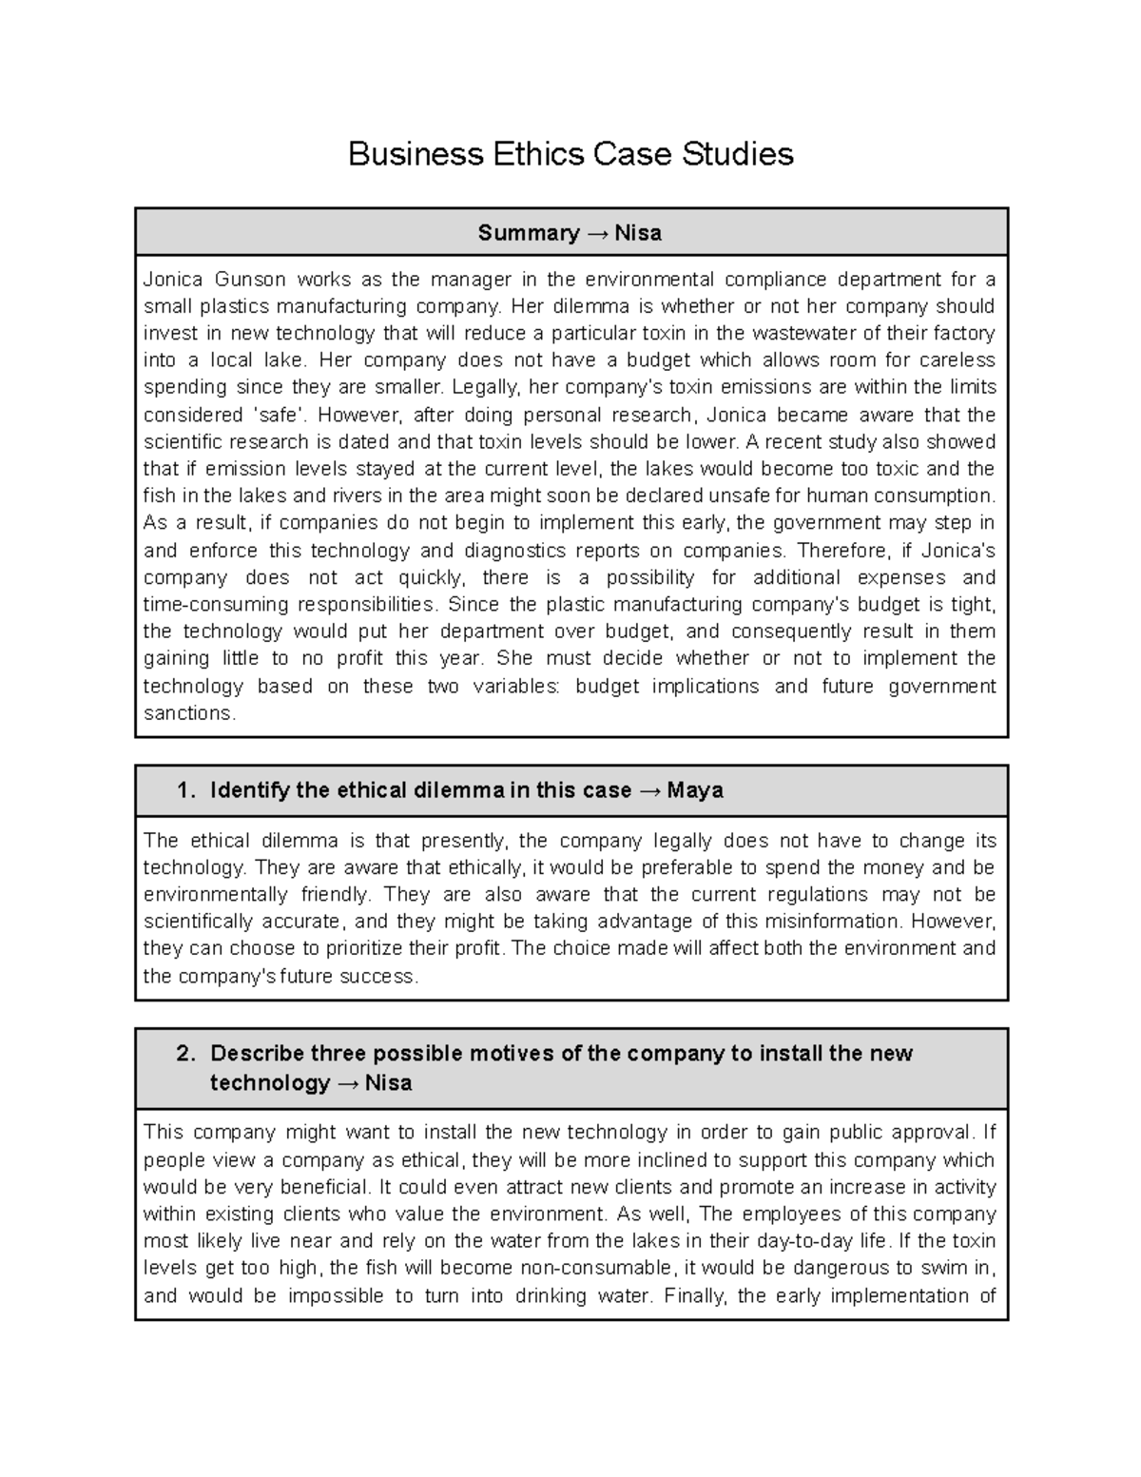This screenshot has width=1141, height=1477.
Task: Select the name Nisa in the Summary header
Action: (638, 233)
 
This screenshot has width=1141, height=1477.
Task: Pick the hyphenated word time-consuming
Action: (215, 605)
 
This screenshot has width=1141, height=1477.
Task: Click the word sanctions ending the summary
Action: (188, 713)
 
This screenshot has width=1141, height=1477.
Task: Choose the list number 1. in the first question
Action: (186, 790)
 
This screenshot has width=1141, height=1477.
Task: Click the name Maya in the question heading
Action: (695, 790)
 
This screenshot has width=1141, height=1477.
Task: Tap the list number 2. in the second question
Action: (186, 1054)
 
